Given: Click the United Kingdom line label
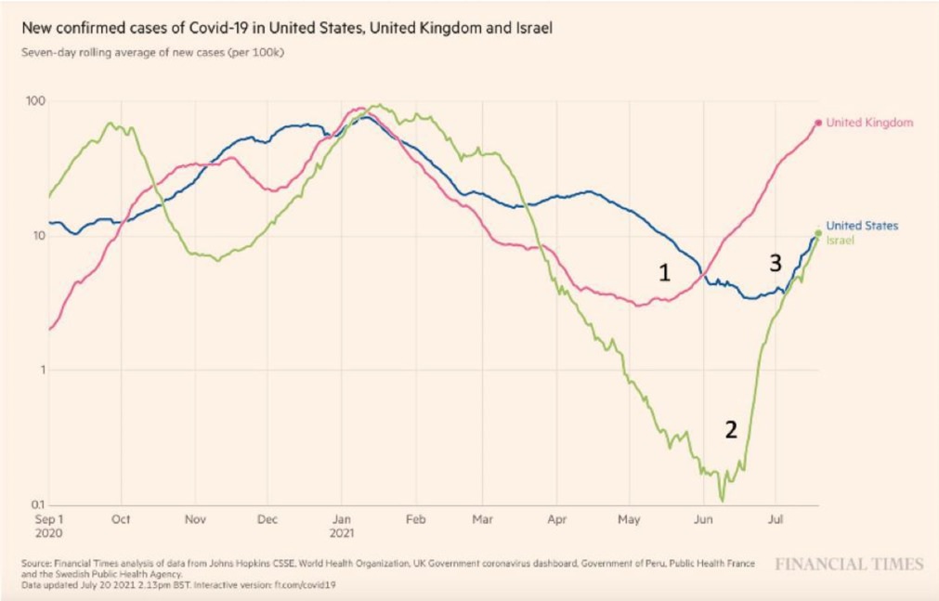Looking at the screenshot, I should pos(869,123).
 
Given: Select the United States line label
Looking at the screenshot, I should pos(862,226).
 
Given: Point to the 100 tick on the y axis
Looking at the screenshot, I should pos(36,100).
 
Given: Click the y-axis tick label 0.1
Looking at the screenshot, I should pos(37,504).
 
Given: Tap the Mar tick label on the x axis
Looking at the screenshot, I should pos(483,521).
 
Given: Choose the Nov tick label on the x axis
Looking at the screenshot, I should pos(193,521).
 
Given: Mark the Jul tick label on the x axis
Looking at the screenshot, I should pos(775,521).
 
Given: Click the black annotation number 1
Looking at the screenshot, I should pos(664,272).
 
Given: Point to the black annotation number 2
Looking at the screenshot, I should pos(731,429).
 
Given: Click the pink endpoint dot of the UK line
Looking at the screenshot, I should pos(818,123).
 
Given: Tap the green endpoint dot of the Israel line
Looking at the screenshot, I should pos(818,233).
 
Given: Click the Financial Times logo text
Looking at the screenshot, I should pos(849,564).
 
